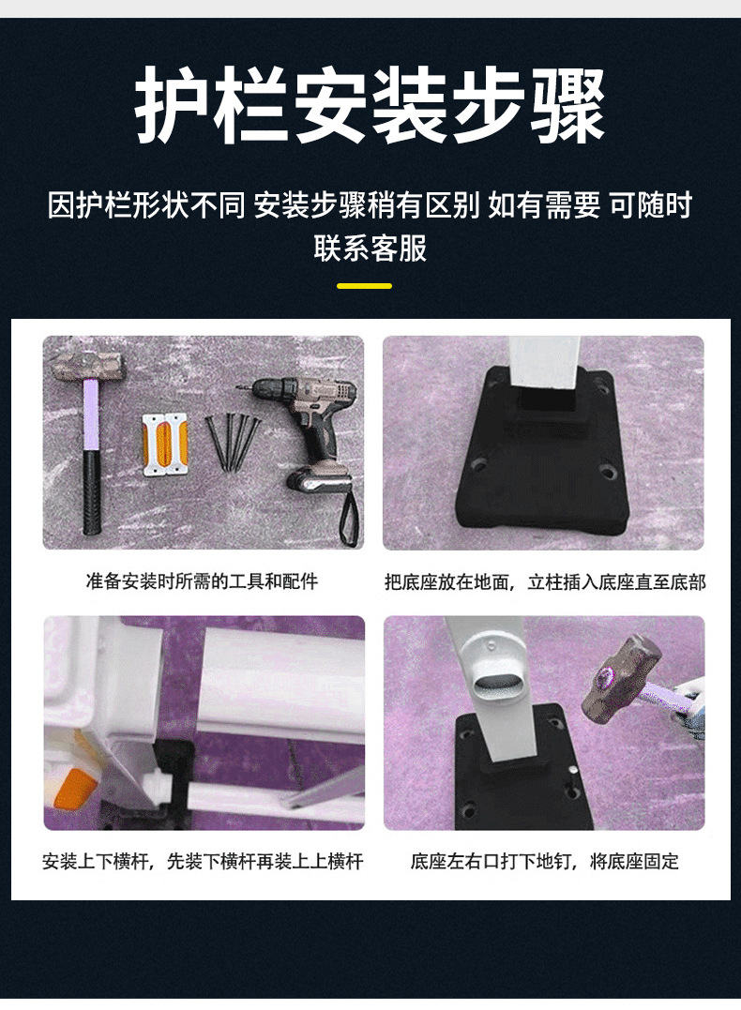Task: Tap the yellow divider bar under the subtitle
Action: tap(364, 285)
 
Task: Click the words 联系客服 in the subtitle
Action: tap(370, 249)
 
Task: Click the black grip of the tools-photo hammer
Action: tap(91, 491)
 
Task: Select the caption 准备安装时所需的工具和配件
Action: tap(202, 581)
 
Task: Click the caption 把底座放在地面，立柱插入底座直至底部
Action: tap(545, 581)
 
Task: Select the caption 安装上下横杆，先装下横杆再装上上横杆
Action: tap(203, 861)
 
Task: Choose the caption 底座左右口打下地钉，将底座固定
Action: tap(545, 861)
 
